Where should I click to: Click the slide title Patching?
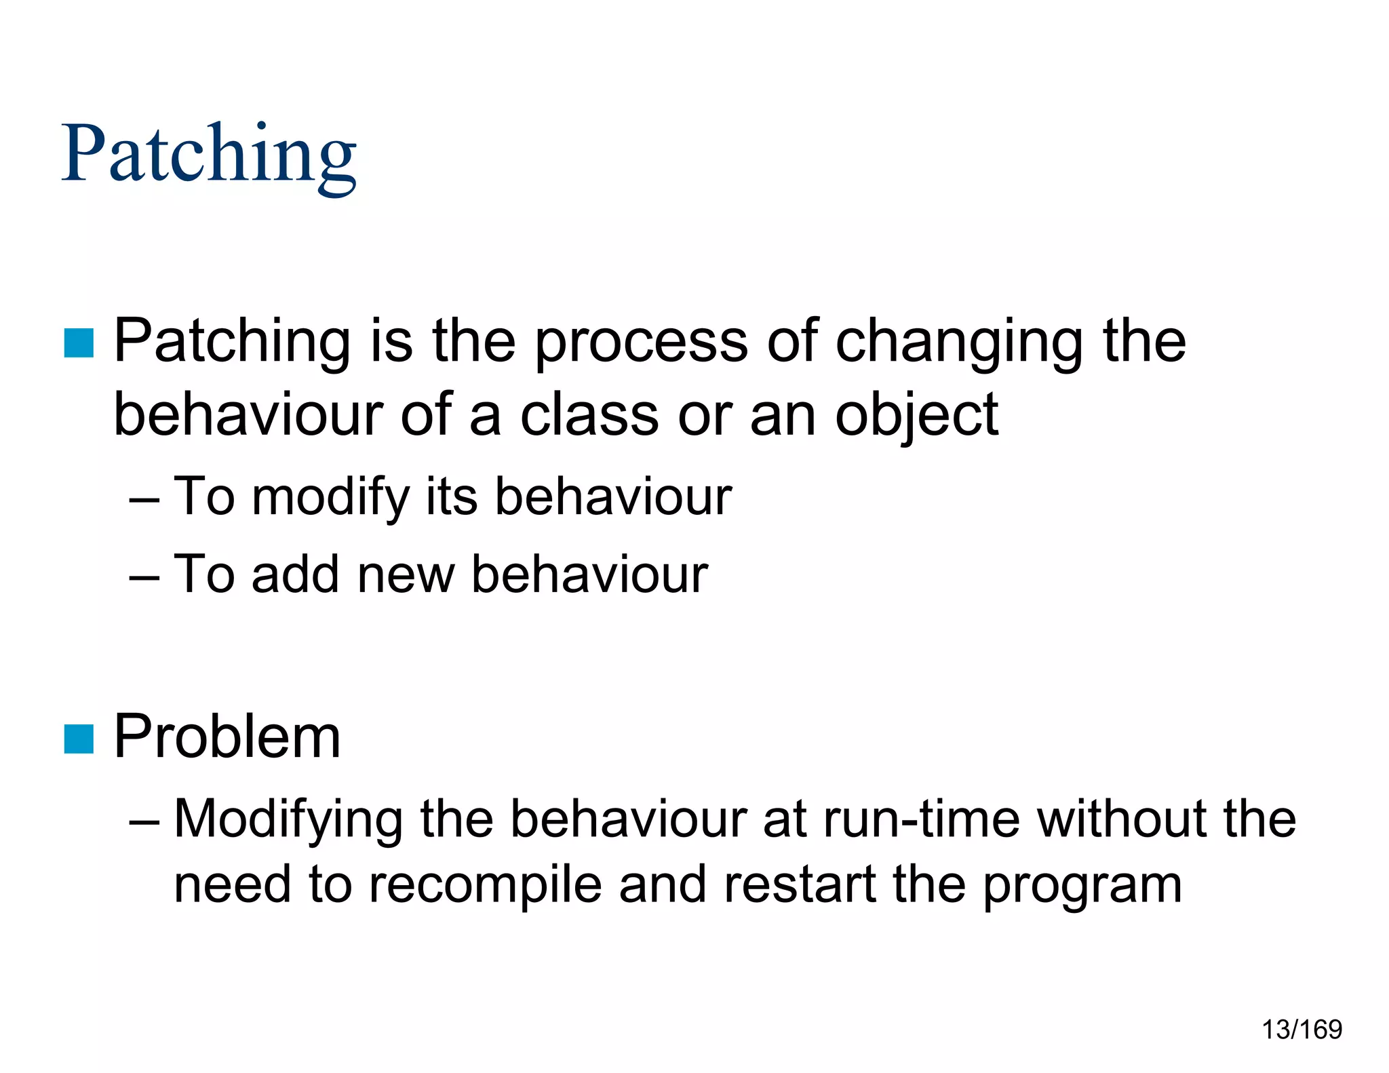(209, 155)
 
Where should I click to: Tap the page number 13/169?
(1301, 1030)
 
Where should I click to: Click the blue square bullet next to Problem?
(79, 739)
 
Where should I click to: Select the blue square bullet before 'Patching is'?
(79, 343)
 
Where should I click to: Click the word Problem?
(227, 737)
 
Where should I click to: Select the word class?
(589, 415)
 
